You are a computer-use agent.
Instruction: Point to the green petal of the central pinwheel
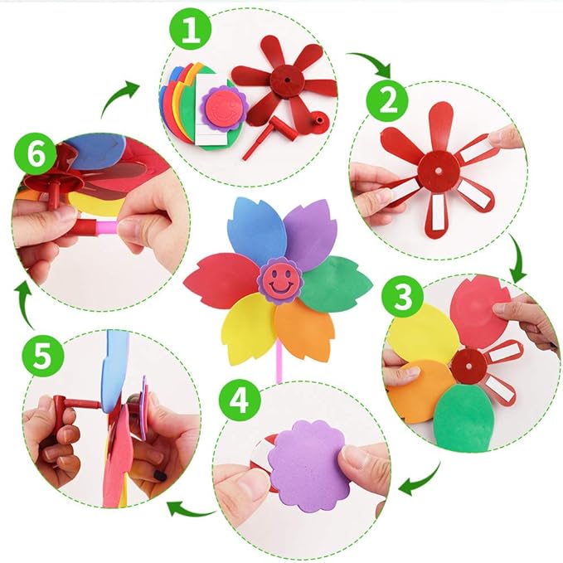(337, 280)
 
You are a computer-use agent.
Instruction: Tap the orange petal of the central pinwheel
(303, 326)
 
